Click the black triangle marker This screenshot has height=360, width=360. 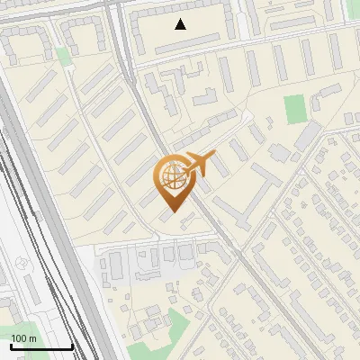click(x=181, y=24)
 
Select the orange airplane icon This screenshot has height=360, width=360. click(x=201, y=164)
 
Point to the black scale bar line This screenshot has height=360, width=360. click(x=41, y=346)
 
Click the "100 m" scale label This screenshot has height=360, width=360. click(x=23, y=337)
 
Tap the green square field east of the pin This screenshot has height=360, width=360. click(x=295, y=109)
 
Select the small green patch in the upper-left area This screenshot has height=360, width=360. click(x=63, y=56)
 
